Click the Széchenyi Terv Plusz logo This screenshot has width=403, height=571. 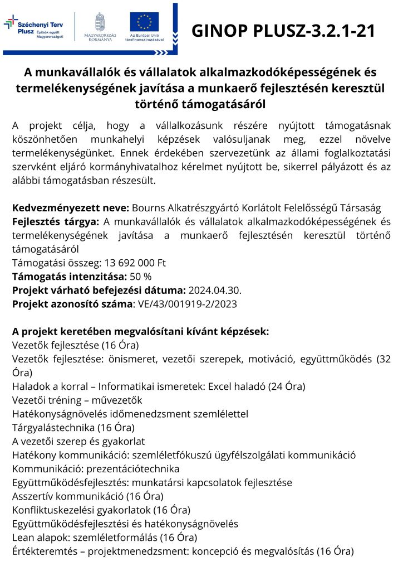[x=35, y=28]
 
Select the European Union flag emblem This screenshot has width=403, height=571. [x=144, y=21]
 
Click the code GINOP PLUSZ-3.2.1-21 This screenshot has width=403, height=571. [x=283, y=31]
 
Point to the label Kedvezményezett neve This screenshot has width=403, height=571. [x=71, y=208]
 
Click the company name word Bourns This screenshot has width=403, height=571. [x=148, y=208]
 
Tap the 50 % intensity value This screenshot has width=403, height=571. [x=140, y=276]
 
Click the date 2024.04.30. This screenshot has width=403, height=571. [x=215, y=289]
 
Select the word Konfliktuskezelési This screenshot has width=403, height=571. [x=53, y=510]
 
